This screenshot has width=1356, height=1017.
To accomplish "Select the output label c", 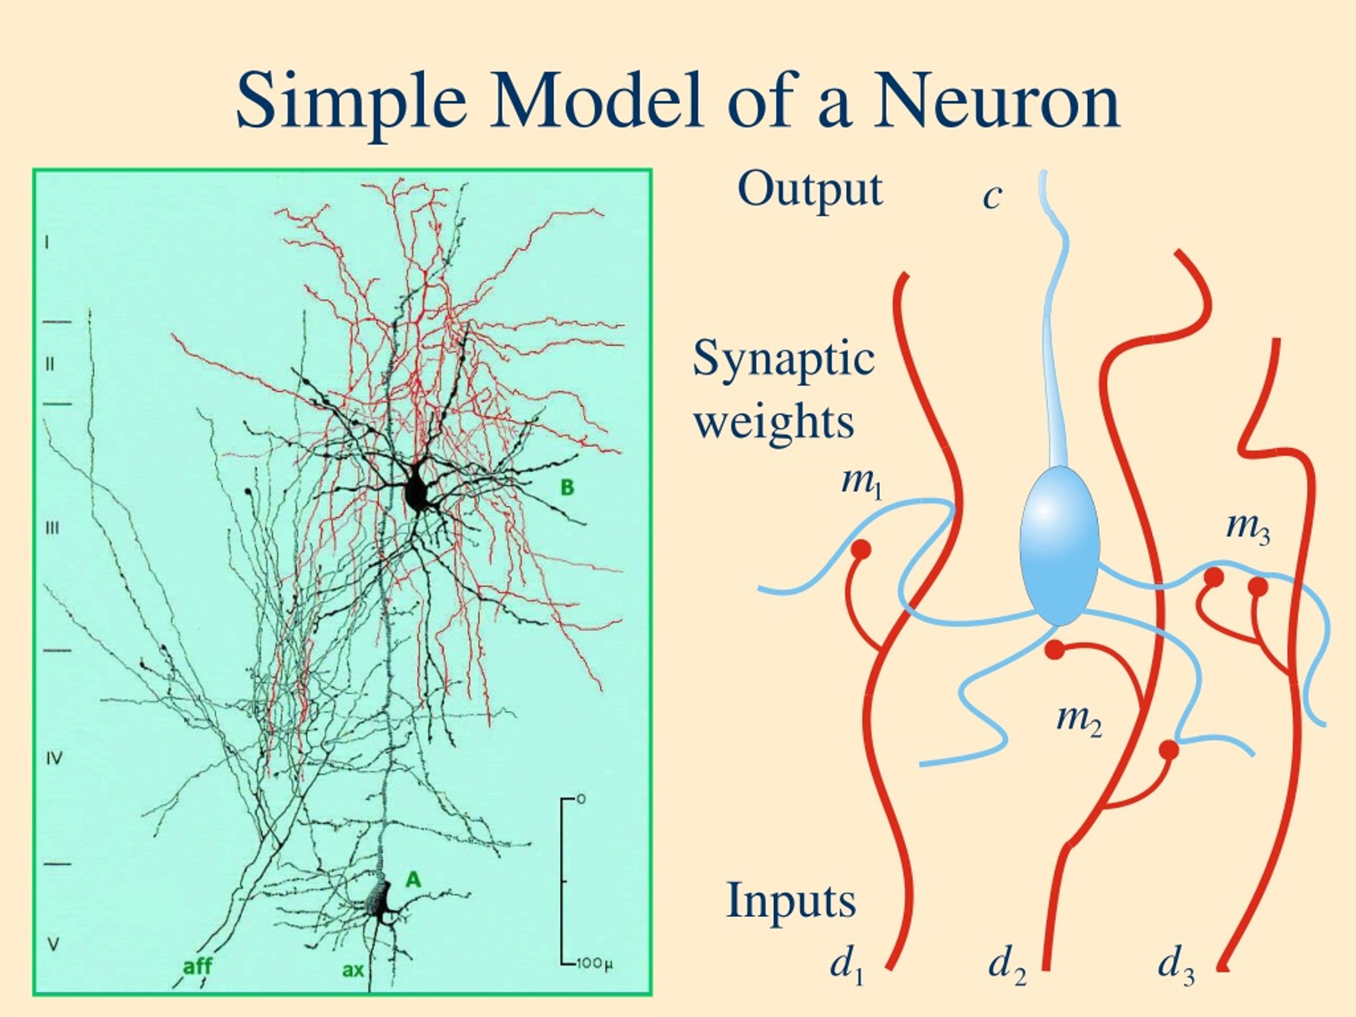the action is [992, 198].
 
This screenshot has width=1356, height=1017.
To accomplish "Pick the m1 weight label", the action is [861, 483].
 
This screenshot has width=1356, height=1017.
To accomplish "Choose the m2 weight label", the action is [1080, 718].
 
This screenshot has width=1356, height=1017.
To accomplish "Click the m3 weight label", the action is [1248, 529].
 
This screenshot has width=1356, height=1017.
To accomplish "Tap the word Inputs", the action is [791, 902].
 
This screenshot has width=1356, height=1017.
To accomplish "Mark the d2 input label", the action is [1007, 968].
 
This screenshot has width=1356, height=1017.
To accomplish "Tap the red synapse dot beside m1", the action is [861, 549].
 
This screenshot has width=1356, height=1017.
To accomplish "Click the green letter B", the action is [568, 487].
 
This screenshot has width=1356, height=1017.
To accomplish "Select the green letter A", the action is [413, 880].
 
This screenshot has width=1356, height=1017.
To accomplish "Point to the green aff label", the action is [198, 967].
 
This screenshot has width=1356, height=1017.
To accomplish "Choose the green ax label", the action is [353, 970].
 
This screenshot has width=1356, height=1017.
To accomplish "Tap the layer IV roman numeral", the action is [55, 759].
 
